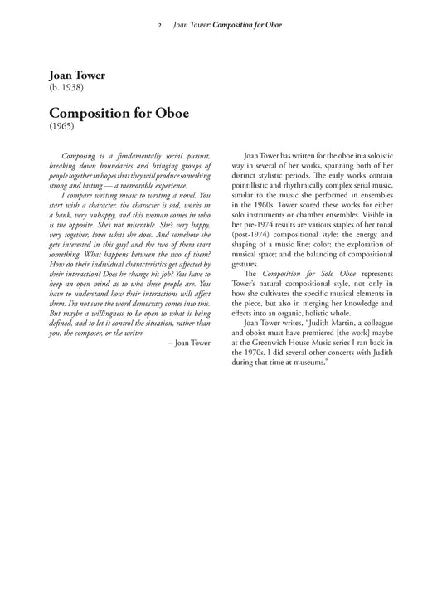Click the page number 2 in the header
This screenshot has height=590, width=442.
click(x=158, y=25)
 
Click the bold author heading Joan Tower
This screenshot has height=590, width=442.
click(x=77, y=76)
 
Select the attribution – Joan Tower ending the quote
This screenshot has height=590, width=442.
click(x=188, y=318)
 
